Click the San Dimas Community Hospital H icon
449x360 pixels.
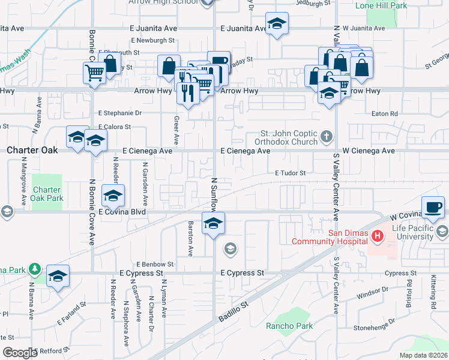coord(378,237)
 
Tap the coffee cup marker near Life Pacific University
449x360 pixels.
coord(433,208)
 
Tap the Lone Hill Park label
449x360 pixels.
coord(381,5)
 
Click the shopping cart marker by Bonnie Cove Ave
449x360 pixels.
coord(94,73)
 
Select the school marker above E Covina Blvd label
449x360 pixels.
coord(113,196)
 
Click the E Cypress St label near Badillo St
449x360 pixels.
coord(243,273)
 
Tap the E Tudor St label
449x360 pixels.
coord(291,173)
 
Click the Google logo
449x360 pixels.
coord(20,353)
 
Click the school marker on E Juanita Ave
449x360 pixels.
coord(276,24)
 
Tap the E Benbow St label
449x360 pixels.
coord(155,263)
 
